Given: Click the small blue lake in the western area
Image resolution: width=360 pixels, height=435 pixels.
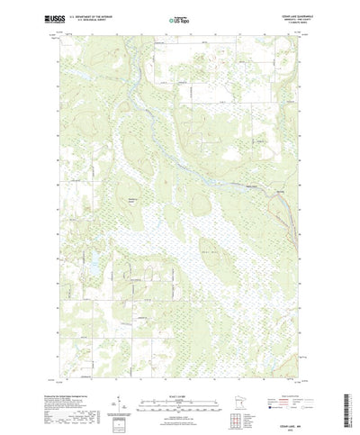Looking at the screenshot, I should (91, 267).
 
